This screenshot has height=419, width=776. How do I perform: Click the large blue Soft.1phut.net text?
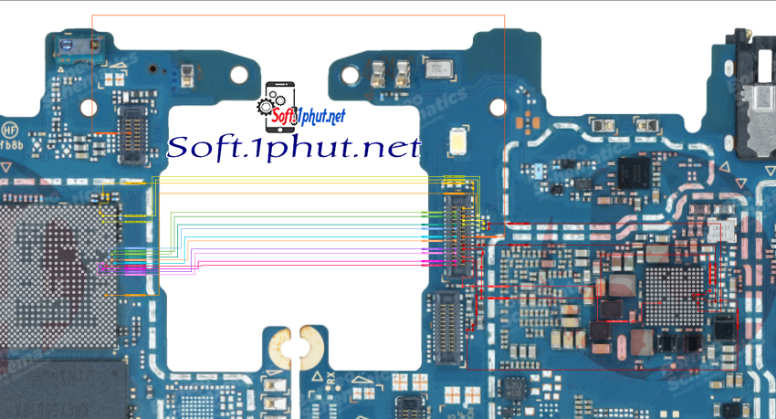[295, 147]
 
